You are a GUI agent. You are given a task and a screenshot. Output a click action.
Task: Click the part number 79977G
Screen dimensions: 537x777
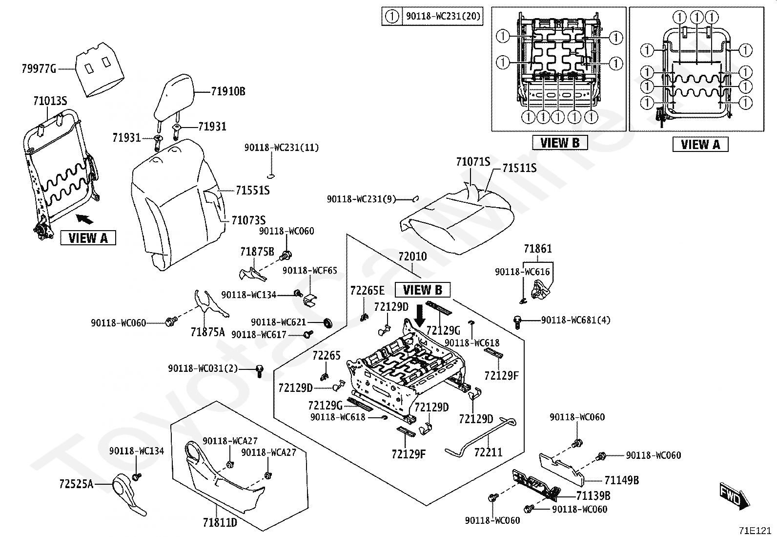click(39, 69)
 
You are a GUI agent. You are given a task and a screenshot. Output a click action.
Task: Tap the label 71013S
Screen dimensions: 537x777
click(50, 102)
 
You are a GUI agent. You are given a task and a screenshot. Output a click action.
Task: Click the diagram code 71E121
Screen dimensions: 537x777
click(756, 530)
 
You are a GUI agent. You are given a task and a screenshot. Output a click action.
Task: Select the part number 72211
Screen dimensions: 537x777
click(488, 452)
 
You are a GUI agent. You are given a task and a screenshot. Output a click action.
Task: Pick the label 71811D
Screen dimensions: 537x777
click(220, 523)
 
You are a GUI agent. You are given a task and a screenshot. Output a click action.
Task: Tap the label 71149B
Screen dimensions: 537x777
click(621, 480)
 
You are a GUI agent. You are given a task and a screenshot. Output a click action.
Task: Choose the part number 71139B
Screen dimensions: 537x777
click(593, 496)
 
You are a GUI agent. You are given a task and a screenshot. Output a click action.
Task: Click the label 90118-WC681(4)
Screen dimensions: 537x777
click(575, 321)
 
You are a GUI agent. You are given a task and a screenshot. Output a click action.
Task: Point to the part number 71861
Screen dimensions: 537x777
click(538, 249)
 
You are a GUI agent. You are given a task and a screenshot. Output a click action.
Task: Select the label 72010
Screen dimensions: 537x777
click(412, 257)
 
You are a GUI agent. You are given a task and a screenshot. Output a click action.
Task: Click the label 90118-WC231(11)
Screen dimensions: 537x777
click(282, 148)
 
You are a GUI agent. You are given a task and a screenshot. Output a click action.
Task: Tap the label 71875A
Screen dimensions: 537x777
click(208, 332)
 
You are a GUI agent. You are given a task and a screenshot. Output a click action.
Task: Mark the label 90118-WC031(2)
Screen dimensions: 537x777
click(203, 368)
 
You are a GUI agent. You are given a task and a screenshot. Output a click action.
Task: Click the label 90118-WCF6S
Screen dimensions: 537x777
click(309, 270)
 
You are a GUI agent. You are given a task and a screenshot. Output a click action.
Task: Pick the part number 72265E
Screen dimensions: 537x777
click(367, 291)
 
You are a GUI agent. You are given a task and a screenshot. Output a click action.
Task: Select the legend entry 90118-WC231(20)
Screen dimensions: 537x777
click(442, 16)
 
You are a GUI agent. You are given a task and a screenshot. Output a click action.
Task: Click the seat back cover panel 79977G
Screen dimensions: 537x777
click(99, 68)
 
